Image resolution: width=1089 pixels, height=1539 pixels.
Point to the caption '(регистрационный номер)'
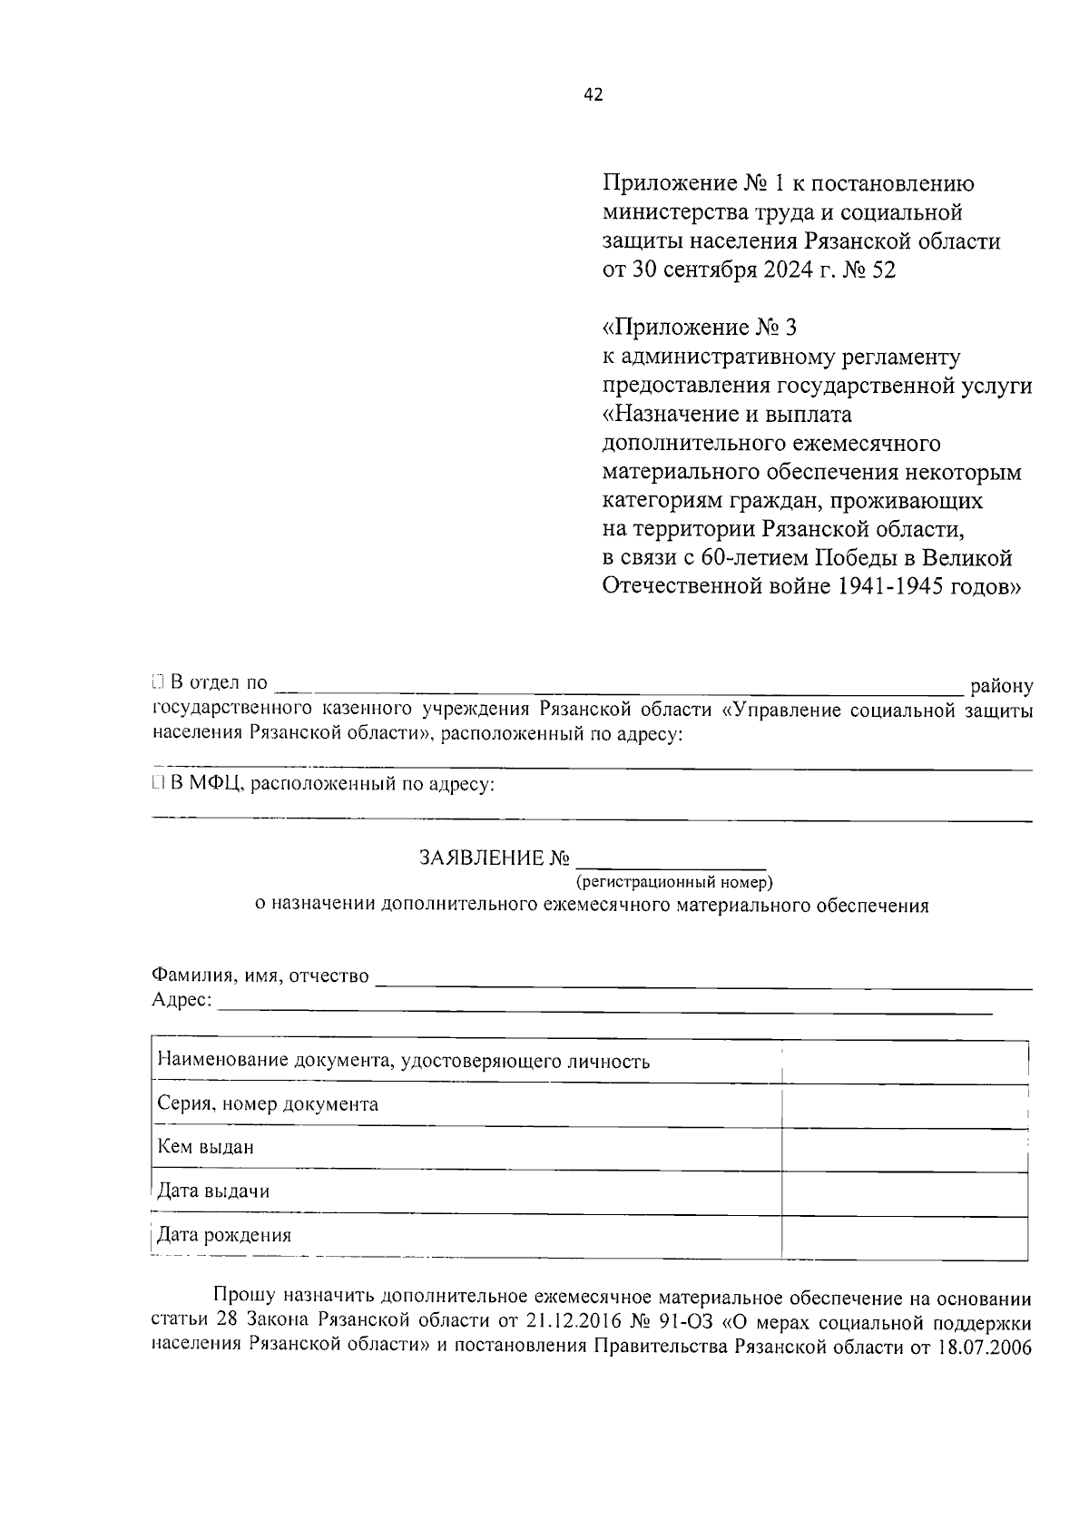[672, 881]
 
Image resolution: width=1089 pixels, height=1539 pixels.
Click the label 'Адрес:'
[181, 1000]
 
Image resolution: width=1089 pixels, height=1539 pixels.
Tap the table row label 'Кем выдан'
[205, 1147]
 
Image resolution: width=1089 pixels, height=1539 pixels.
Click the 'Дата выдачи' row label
[213, 1191]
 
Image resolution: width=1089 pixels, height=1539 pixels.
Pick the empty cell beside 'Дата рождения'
[904, 1236]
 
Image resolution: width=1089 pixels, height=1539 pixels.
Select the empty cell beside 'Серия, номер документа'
[904, 1105]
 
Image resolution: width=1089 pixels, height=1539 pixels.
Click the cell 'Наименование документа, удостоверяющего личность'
[403, 1061]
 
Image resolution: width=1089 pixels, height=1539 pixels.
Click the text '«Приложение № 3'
[700, 327]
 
